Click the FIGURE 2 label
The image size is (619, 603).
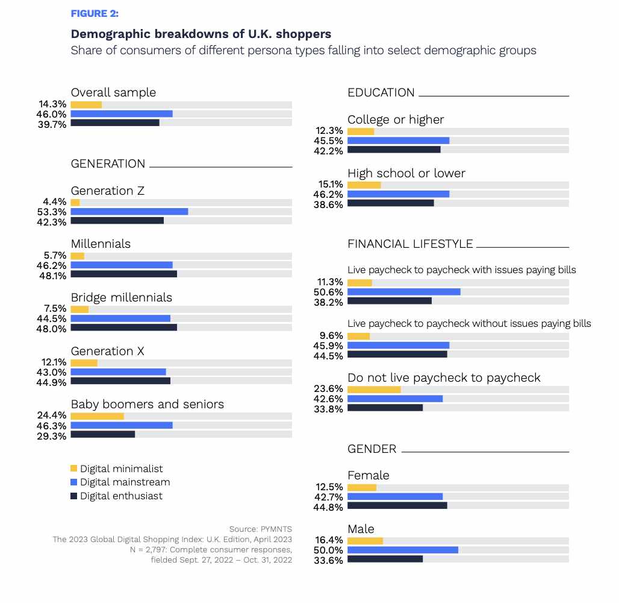(95, 14)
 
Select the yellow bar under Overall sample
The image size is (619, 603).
(86, 105)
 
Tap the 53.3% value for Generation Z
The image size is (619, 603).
(52, 212)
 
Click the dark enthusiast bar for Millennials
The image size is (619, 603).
(123, 274)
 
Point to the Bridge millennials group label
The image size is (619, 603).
(122, 297)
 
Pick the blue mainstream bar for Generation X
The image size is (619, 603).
(118, 371)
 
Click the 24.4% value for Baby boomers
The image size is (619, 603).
(52, 415)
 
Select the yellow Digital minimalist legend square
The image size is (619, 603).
(74, 469)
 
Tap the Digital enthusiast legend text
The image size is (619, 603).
(121, 496)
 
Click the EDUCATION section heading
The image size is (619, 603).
(381, 92)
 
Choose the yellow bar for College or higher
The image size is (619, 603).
(361, 131)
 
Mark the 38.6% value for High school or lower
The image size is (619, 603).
(328, 205)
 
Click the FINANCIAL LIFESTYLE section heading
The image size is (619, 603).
(410, 244)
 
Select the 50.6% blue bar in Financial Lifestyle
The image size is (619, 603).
(404, 292)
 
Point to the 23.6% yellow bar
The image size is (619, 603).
(375, 390)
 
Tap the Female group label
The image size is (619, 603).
(369, 475)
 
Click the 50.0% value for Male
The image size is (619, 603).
(328, 551)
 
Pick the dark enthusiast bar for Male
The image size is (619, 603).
(385, 559)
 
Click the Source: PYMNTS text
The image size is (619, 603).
(261, 529)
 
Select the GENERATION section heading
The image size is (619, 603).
(108, 163)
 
